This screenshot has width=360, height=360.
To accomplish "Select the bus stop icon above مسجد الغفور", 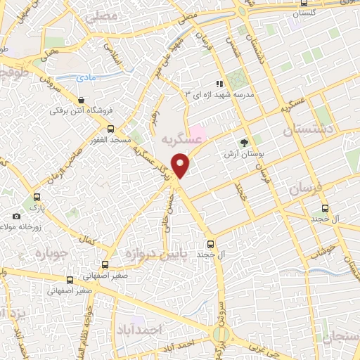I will pos(110,129).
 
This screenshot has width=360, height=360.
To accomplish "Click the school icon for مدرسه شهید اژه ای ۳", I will pos(220,84).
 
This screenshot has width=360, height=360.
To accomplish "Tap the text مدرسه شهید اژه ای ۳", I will pos(218,94).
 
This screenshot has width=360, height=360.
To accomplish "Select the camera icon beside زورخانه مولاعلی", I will pos(17,217).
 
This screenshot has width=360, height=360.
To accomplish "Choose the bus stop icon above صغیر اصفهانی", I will pos(105,265).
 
